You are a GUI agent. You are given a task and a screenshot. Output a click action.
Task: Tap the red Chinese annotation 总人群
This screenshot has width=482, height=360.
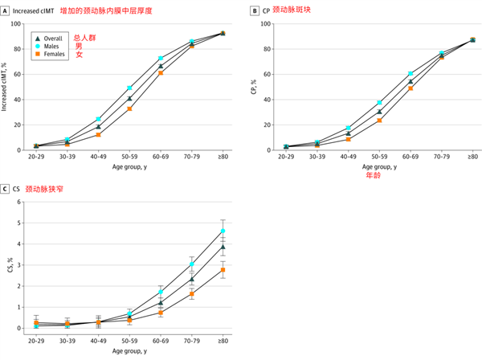point(84,37)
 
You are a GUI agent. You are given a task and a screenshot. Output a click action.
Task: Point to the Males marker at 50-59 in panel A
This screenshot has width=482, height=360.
point(129,88)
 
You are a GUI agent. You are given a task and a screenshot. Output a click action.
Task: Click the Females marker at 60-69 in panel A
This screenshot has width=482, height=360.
point(161,73)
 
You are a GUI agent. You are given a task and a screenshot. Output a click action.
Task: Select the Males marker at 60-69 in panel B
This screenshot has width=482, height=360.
point(411,74)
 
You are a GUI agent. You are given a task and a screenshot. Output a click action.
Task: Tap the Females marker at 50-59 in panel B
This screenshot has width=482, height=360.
point(379,121)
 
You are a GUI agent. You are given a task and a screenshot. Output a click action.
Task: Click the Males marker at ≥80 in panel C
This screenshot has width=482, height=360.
point(223,231)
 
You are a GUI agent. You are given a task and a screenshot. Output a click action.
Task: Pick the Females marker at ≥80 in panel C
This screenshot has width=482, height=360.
point(223,270)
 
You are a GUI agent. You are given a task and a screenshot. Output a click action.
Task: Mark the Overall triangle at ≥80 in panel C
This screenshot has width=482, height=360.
point(223,247)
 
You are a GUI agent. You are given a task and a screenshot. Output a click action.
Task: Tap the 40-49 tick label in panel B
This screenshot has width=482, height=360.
point(348,159)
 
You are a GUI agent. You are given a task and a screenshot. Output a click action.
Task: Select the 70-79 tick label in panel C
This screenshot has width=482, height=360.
point(191,342)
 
